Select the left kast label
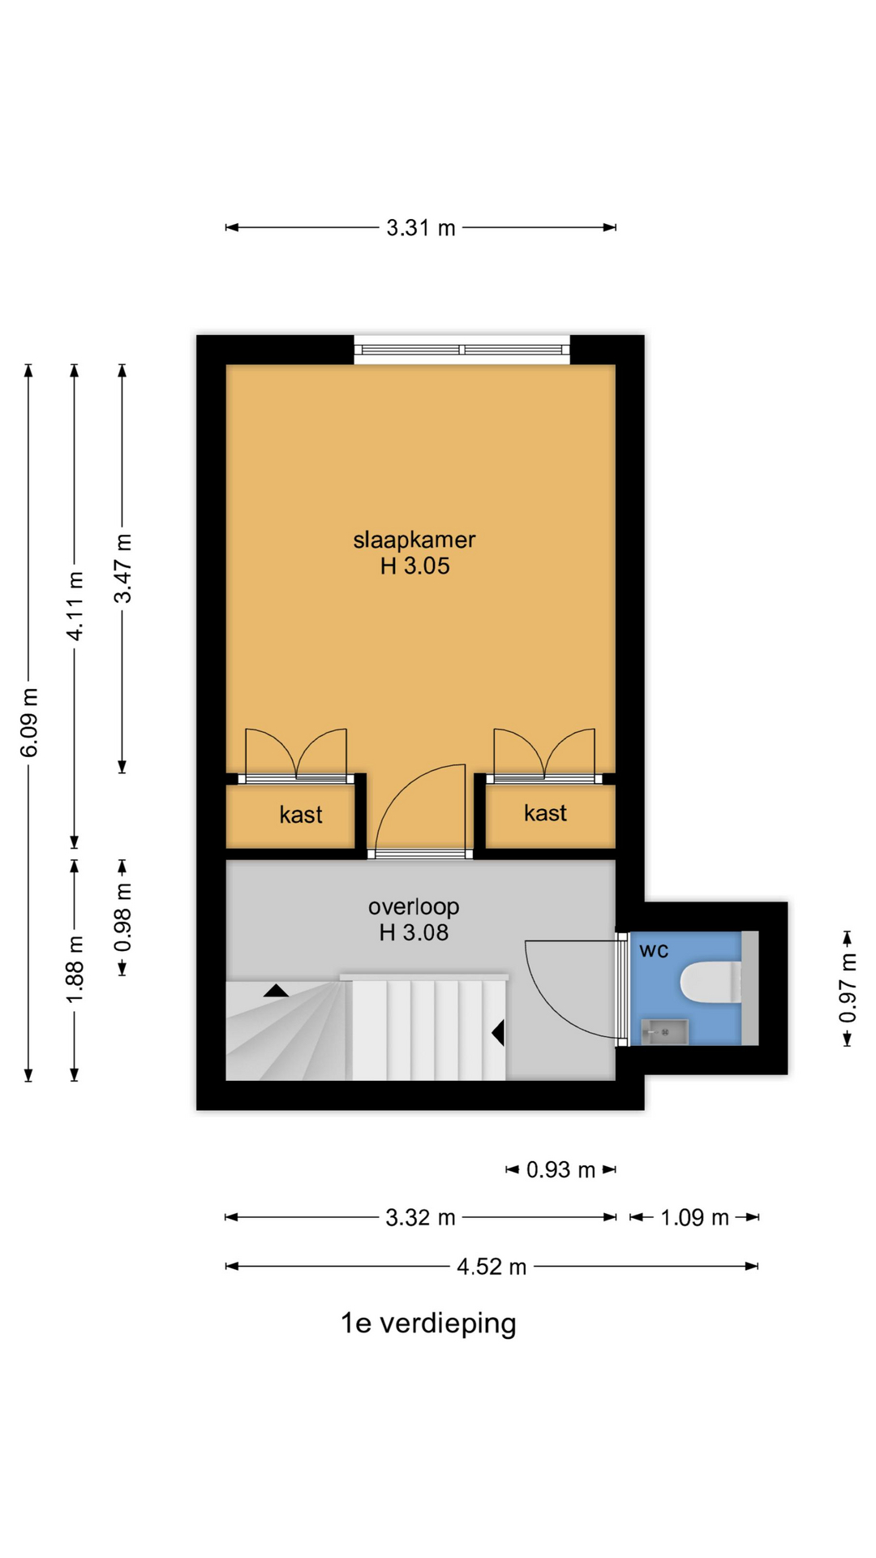(301, 815)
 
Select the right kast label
(545, 813)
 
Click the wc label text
(654, 950)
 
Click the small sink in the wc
(664, 1032)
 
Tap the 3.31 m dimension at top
(421, 228)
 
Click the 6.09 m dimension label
(29, 722)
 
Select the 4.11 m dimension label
(75, 606)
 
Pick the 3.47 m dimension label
(122, 568)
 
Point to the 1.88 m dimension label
(75, 969)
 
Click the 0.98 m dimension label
(122, 917)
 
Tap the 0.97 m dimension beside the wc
(848, 988)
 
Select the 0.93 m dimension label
(561, 1169)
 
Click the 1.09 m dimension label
(695, 1217)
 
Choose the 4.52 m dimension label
(492, 1266)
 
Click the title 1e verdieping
(428, 1323)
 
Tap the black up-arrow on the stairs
(276, 990)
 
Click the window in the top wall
(462, 350)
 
